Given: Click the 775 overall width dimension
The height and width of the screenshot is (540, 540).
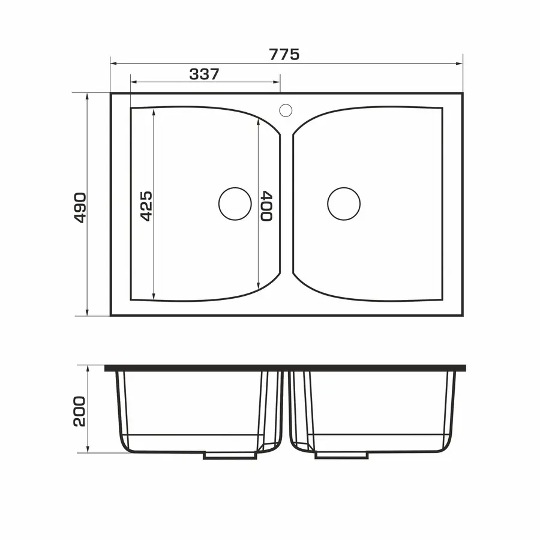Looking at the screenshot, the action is click(284, 55).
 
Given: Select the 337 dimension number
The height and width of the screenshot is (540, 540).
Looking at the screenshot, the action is click(204, 74).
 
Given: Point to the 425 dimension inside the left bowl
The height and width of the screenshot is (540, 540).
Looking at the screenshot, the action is click(146, 206).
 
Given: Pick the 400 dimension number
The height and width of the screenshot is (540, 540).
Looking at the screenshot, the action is click(266, 206).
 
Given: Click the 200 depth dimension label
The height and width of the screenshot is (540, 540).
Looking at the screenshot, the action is click(80, 411).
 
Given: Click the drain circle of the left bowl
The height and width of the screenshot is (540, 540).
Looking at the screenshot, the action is click(235, 188).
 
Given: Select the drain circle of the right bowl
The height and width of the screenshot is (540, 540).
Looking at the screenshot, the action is click(344, 188).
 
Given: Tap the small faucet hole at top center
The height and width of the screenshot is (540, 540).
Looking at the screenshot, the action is click(286, 104).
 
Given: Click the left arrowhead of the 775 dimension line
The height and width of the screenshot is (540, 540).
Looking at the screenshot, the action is click(113, 64).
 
